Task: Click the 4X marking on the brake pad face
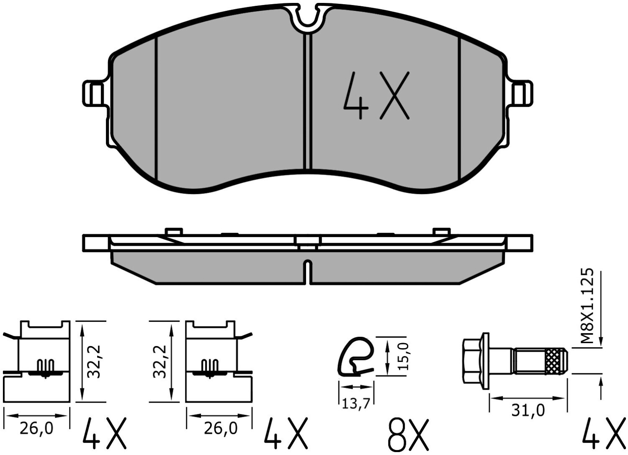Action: pos(376,96)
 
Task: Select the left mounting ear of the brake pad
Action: pos(95,93)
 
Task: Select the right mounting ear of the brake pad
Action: pos(521,93)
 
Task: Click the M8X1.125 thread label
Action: pos(587,305)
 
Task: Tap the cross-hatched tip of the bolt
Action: pos(556,362)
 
